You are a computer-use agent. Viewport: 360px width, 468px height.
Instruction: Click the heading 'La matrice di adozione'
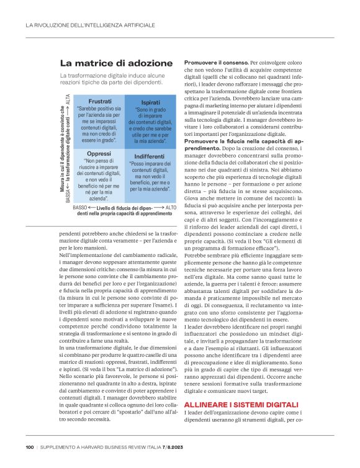click(x=116, y=63)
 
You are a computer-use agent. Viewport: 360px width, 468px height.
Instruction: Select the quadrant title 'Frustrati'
click(x=100, y=101)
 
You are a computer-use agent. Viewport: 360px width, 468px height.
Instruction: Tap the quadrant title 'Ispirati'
click(x=151, y=101)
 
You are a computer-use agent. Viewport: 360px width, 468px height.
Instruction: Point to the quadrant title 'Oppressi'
click(x=99, y=153)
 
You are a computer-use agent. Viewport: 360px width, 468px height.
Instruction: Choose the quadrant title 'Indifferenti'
click(x=150, y=156)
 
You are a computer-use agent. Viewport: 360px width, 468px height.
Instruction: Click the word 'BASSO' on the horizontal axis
click(x=80, y=207)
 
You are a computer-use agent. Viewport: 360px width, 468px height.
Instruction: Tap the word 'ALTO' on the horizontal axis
click(x=171, y=207)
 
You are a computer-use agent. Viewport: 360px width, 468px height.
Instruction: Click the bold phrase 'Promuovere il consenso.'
click(x=216, y=63)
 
